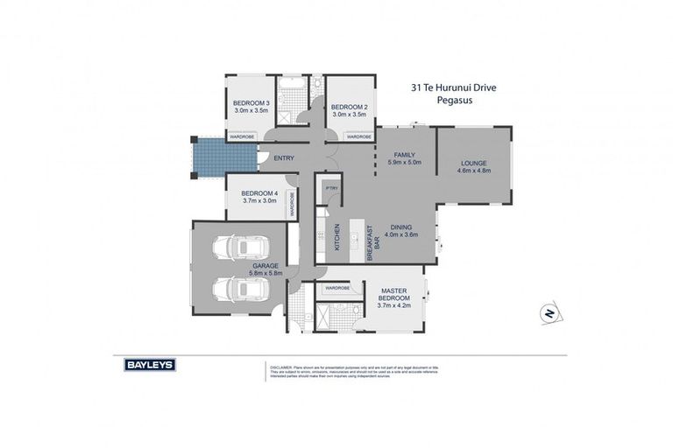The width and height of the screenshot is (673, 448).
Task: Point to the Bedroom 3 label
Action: [x=251, y=104]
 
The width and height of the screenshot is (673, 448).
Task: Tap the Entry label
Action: [x=284, y=158]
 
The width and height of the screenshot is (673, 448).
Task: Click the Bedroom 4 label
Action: [x=259, y=192]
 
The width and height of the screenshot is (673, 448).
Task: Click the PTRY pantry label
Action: [x=331, y=188]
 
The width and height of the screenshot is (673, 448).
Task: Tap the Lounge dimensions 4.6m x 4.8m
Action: [x=473, y=171]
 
